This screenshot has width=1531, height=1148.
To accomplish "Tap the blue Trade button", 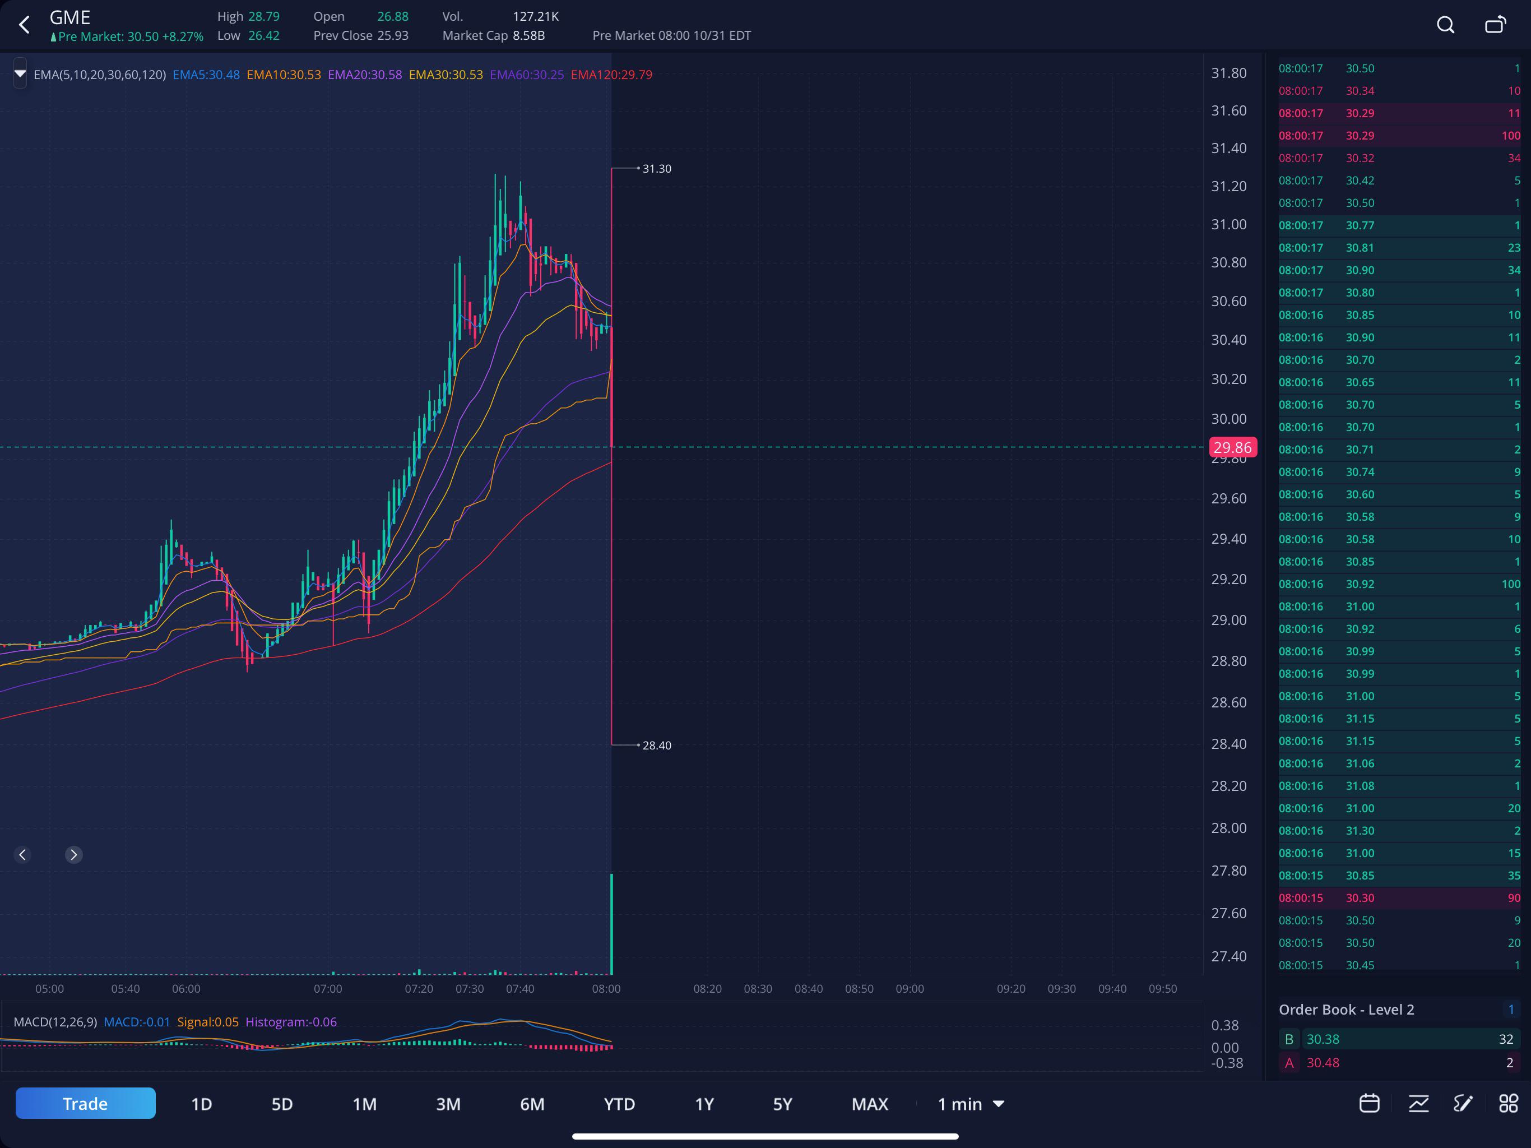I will click(85, 1103).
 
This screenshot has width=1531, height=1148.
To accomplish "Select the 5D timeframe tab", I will click(282, 1104).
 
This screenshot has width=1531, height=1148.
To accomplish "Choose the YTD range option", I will click(619, 1104).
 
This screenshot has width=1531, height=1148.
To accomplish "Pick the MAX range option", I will click(869, 1104).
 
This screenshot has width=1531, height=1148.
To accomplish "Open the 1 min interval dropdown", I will click(971, 1104).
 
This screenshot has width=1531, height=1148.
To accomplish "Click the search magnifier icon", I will click(1445, 25).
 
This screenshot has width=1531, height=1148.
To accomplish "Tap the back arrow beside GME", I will click(24, 25).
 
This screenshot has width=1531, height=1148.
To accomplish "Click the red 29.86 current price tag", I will click(1233, 447).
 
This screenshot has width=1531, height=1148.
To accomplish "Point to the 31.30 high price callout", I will click(656, 168).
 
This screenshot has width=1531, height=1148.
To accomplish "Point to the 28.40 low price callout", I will click(656, 745).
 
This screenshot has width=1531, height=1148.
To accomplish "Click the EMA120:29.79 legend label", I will click(611, 75).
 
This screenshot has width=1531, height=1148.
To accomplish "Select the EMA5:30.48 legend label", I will click(206, 75).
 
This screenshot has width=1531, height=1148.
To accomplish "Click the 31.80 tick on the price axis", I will click(1228, 73).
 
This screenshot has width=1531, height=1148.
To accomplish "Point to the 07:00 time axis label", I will click(327, 989).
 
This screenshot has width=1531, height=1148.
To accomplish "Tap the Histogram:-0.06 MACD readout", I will click(291, 1022).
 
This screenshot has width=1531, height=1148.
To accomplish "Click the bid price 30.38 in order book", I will click(1323, 1039).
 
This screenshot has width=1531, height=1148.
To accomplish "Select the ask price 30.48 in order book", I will click(1323, 1063).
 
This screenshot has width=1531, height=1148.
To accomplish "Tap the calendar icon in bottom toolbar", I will click(1369, 1103).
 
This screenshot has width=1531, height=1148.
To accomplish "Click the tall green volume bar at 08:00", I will click(611, 924).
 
